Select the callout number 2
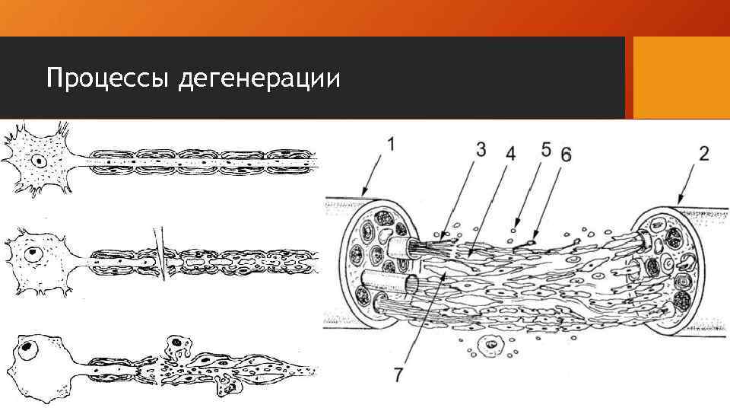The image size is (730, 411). (x=704, y=153)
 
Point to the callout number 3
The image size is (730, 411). (x=481, y=148)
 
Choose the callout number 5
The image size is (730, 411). (x=546, y=148)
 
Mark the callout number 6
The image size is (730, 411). (x=565, y=153)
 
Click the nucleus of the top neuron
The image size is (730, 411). (x=37, y=161)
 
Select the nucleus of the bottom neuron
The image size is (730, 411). (x=28, y=349)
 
